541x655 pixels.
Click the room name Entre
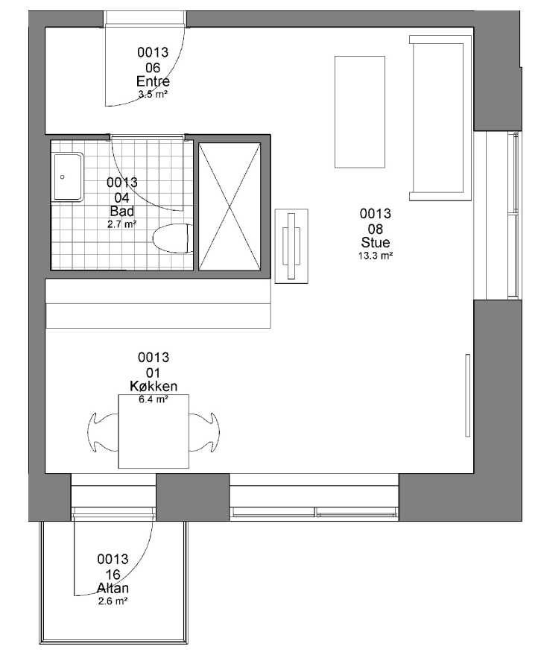click(x=153, y=81)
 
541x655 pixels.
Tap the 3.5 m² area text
click(x=153, y=95)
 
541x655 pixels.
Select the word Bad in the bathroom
click(x=122, y=211)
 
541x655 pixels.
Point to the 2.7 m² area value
click(x=122, y=224)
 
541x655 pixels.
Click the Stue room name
click(x=375, y=242)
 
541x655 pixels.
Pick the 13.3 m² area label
click(x=375, y=256)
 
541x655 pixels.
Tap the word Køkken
click(x=154, y=386)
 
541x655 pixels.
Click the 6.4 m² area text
click(x=154, y=399)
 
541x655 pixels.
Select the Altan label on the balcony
click(x=113, y=588)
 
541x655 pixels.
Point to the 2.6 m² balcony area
click(x=113, y=601)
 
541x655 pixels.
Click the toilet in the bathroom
click(x=173, y=238)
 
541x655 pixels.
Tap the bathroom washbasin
click(x=68, y=177)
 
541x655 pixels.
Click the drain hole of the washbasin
click(x=63, y=177)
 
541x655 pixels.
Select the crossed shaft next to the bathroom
click(x=230, y=206)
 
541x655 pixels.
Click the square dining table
click(x=154, y=431)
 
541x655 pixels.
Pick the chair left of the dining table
click(x=102, y=432)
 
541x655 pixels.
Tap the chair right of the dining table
click(x=204, y=432)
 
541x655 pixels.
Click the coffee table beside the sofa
click(x=360, y=112)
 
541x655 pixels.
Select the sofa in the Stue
click(x=440, y=118)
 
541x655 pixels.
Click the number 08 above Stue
click(x=375, y=229)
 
